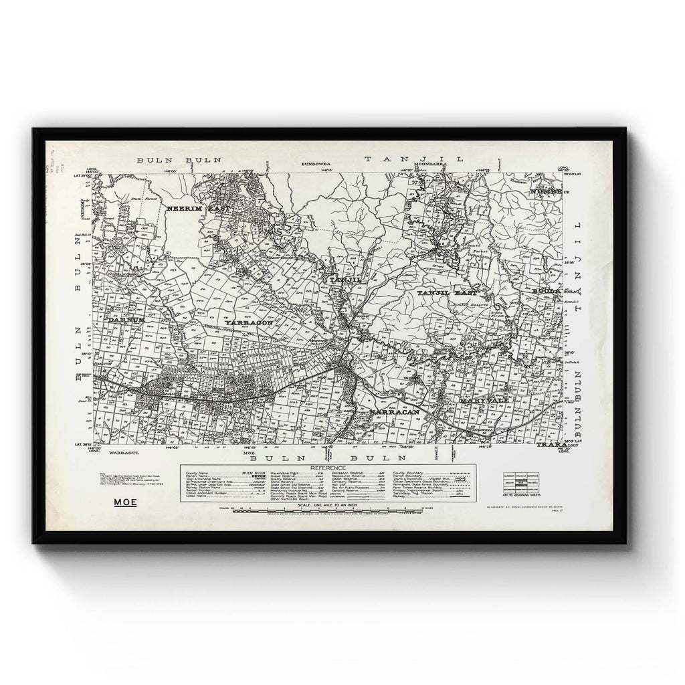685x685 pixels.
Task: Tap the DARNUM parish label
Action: [x=125, y=320]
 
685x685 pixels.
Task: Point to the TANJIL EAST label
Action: [x=447, y=293]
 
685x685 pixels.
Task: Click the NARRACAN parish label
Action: [x=394, y=413]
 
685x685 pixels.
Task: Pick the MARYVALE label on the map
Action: [x=484, y=399]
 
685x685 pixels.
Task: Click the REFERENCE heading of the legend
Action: [x=328, y=468]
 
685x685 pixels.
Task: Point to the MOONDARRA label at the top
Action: [x=429, y=163]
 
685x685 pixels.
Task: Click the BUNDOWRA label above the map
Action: [x=317, y=163]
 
